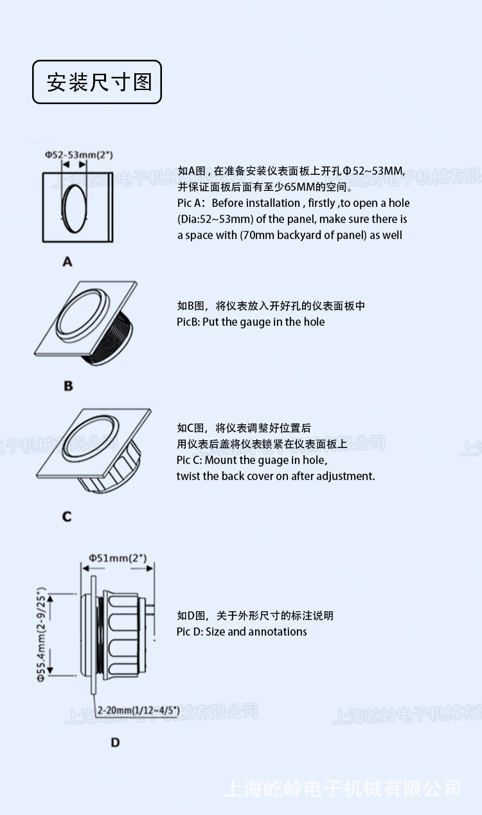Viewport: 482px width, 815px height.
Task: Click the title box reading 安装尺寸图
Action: [97, 82]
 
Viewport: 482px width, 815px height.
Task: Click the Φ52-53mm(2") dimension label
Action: [79, 155]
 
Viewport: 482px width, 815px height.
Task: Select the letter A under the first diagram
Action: [67, 262]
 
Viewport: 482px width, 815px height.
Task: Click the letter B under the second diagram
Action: [68, 386]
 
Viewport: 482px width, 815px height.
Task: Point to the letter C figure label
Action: [67, 517]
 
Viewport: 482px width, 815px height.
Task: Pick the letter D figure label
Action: [115, 742]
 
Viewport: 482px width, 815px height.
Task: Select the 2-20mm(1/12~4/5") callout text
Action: [138, 710]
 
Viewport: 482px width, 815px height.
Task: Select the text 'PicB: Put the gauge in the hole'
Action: [251, 322]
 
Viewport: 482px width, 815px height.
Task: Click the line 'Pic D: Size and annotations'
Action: [242, 632]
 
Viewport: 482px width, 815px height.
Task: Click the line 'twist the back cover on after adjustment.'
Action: [275, 476]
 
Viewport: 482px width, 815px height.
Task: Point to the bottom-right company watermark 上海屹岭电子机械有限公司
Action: [342, 788]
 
